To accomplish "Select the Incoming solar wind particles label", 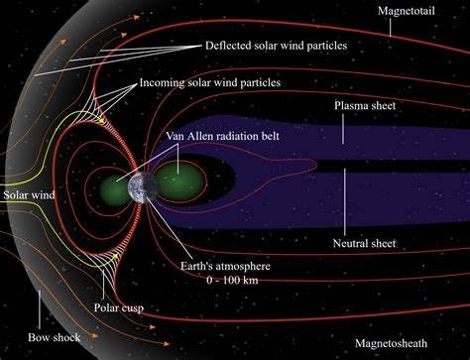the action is pyautogui.click(x=264, y=82).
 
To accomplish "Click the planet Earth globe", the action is pyautogui.click(x=139, y=189).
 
